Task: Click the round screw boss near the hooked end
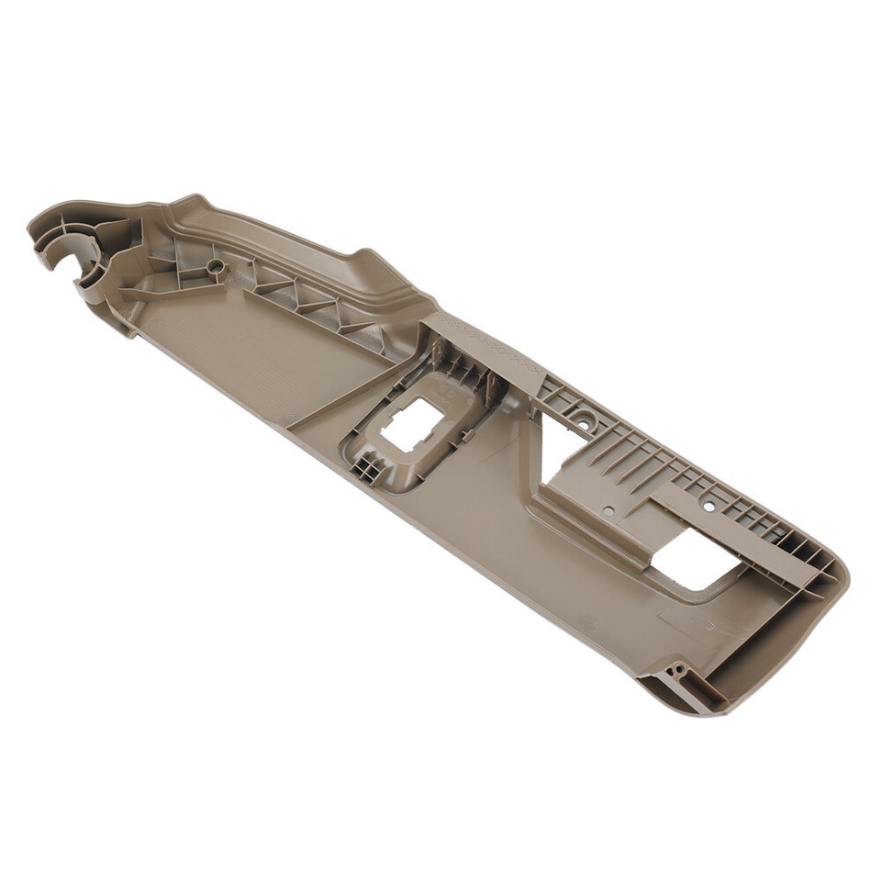[215, 265]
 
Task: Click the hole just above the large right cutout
[708, 506]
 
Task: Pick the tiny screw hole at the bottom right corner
[678, 671]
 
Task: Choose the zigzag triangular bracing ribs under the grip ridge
[303, 298]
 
